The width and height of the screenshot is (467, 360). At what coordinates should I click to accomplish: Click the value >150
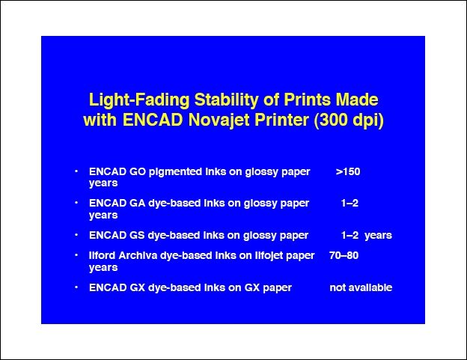348,172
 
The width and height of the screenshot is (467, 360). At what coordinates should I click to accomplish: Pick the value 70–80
344,255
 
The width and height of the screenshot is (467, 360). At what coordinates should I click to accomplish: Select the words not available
361,287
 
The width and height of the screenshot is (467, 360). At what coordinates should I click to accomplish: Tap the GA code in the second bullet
138,204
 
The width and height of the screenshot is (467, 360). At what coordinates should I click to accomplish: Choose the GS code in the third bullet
137,235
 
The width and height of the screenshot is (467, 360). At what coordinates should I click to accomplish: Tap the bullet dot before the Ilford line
76,255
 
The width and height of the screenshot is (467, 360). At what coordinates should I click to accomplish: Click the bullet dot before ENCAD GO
76,171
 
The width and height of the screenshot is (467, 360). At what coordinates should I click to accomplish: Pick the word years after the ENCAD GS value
378,236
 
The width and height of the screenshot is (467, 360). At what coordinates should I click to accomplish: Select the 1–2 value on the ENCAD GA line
350,204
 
